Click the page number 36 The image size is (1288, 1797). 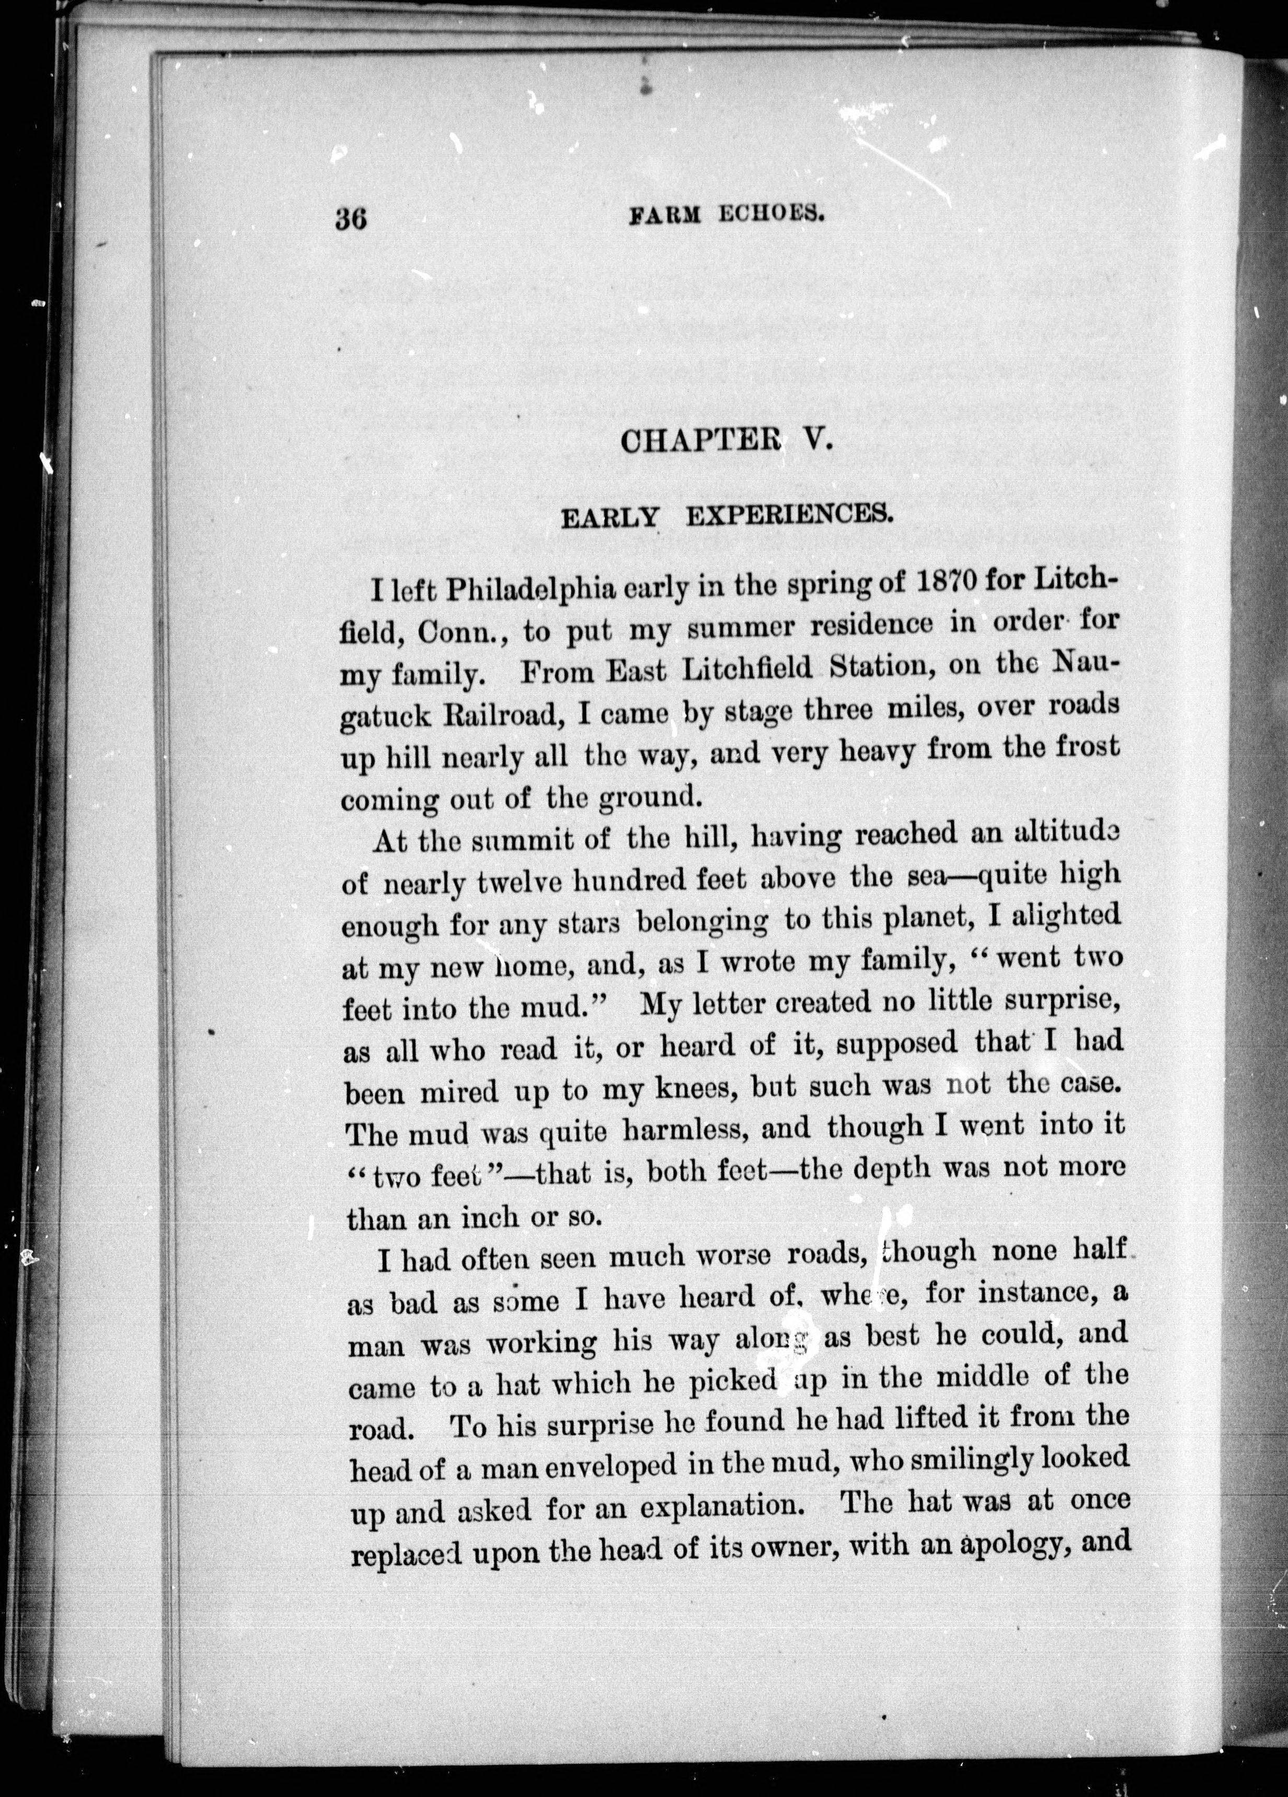[350, 218]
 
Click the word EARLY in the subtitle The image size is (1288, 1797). [611, 518]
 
